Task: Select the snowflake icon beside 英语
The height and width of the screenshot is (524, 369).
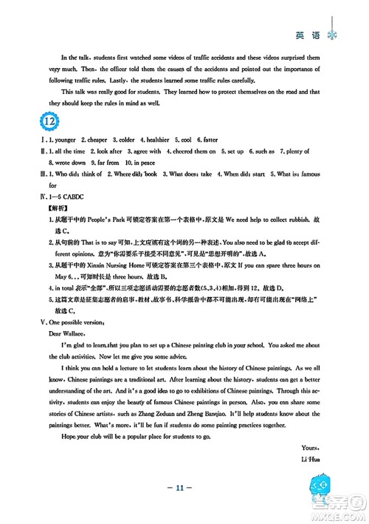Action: click(331, 16)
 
